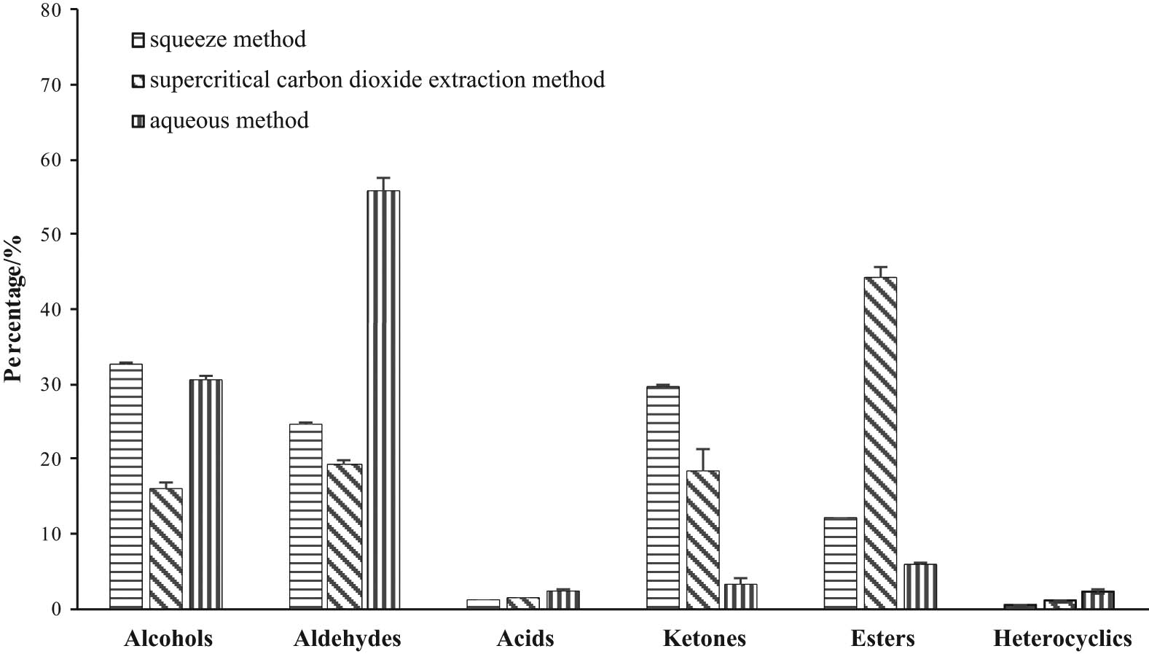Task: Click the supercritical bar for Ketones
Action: click(x=702, y=540)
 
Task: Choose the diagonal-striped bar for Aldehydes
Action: click(x=344, y=536)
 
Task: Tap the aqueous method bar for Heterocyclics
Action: click(x=1097, y=599)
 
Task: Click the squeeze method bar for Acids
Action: click(x=483, y=604)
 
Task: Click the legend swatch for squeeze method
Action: click(x=138, y=40)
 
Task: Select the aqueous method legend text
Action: click(x=229, y=120)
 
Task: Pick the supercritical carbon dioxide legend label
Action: click(x=377, y=79)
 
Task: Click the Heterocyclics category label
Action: click(x=1062, y=639)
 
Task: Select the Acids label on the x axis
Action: click(x=525, y=639)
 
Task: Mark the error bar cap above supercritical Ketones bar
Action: click(x=702, y=449)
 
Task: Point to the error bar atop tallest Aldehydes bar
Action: click(x=383, y=178)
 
